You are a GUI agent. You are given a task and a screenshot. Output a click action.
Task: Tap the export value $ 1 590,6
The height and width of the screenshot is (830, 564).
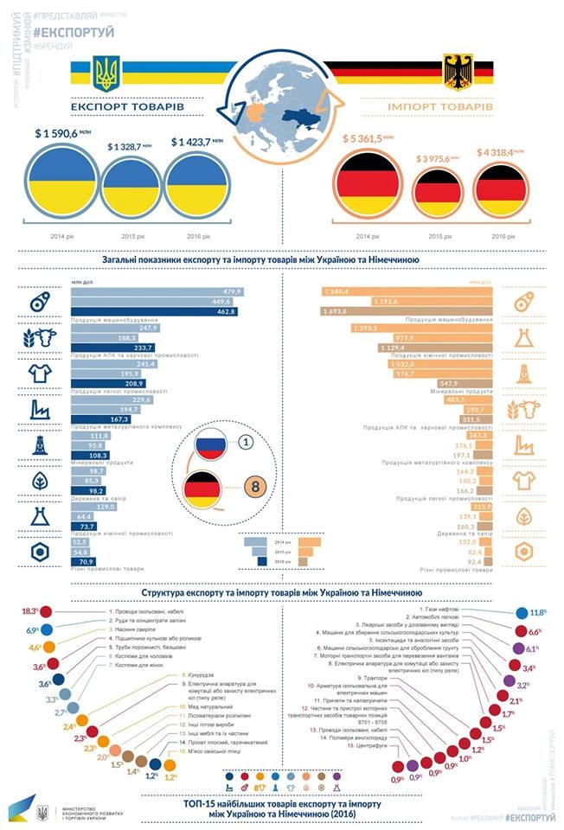tap(62, 133)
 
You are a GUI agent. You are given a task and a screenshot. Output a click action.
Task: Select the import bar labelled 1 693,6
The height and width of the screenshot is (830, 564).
tap(407, 311)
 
